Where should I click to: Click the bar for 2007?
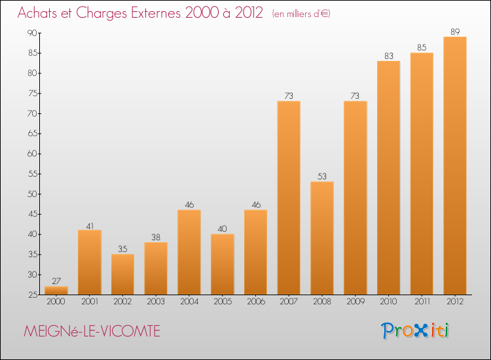(x=289, y=198)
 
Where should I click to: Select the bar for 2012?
(x=455, y=166)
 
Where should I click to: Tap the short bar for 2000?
(x=56, y=290)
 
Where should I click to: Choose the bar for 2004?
(x=189, y=252)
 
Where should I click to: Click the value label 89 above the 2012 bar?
(x=455, y=31)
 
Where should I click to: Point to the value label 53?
(x=322, y=176)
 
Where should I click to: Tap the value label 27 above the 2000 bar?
(x=56, y=281)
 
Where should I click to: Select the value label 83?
(x=389, y=56)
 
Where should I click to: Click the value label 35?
(x=122, y=249)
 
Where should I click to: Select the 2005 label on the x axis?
(x=223, y=302)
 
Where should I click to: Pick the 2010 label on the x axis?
(x=389, y=302)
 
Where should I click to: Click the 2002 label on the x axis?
(x=122, y=302)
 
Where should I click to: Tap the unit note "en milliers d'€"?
(x=301, y=14)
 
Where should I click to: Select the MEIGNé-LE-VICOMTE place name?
(x=91, y=332)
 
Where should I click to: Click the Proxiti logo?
(x=416, y=331)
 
